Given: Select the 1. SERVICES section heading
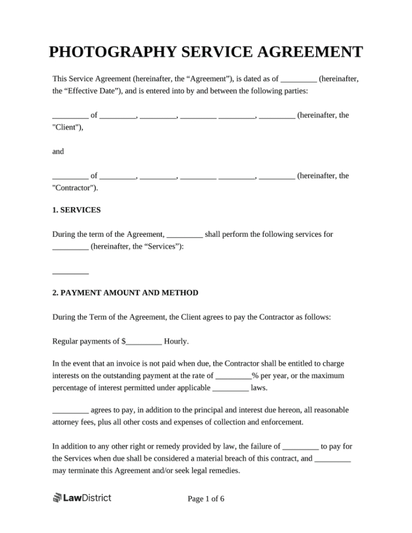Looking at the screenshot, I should point(76,210).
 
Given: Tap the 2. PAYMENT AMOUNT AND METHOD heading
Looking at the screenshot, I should point(125,292).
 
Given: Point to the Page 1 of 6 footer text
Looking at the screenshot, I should point(206,499).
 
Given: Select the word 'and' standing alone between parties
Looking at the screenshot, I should point(58,151).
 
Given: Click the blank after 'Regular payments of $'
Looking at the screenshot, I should point(144,341).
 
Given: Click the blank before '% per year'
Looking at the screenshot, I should point(233,376).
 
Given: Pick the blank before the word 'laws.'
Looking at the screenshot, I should point(230,388).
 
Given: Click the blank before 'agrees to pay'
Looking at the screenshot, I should point(70,411).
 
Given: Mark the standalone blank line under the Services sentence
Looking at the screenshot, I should point(70,272).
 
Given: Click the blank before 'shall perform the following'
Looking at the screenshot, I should point(184,235).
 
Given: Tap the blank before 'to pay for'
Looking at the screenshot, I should point(301,446).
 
